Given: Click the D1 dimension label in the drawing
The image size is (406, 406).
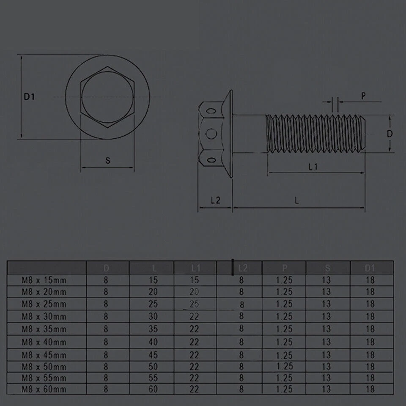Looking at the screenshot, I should point(29,97).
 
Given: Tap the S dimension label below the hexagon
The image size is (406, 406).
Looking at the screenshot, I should point(107,160).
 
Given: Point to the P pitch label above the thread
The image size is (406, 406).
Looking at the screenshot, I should point(363,96).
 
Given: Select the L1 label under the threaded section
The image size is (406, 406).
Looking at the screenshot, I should point(313,167).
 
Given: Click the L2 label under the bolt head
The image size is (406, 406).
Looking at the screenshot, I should point(215,200).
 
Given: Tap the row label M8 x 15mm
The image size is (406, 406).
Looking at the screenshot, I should point(45,280).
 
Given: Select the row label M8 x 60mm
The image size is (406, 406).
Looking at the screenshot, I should point(45,389).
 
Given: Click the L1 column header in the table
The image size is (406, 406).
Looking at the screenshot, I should point(195,268).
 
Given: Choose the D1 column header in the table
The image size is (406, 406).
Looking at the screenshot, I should point(370,268).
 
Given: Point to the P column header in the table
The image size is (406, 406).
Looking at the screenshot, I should point(284,268).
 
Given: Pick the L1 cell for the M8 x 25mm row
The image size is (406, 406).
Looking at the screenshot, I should point(194,304).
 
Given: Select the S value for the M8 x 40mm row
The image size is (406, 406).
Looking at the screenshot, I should point(326,342).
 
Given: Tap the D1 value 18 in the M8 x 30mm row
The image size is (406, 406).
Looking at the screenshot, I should point(370,316).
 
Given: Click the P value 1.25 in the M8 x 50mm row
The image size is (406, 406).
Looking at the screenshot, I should point(284,366).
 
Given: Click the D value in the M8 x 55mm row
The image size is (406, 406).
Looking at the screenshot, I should point(106,378).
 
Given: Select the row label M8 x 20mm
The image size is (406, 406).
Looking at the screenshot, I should point(45,292).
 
